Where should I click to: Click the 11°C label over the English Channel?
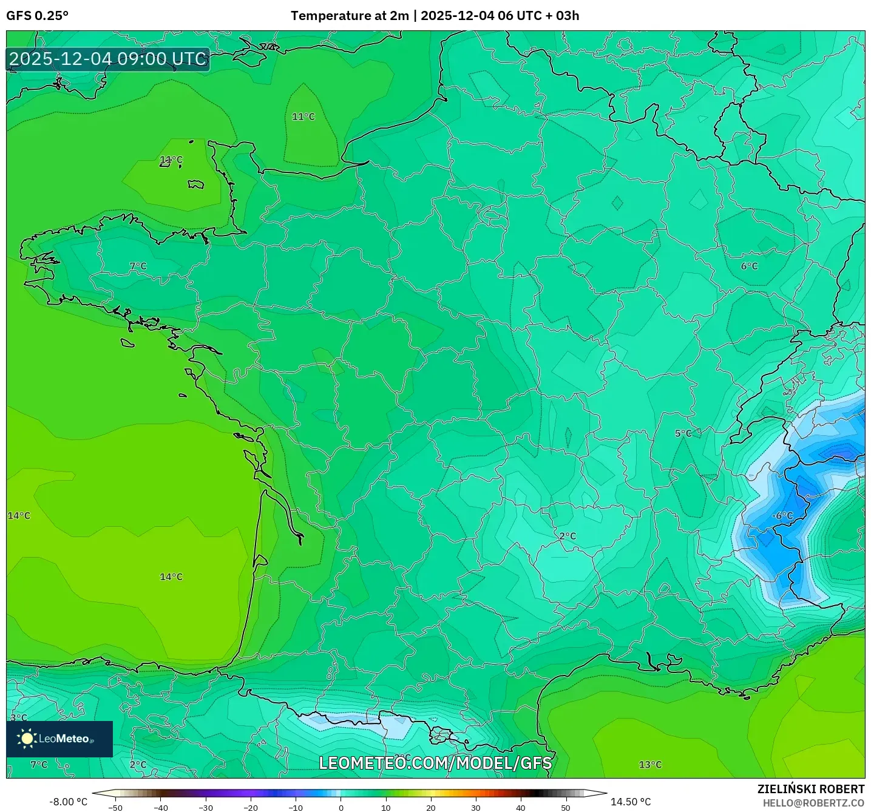(x=303, y=117)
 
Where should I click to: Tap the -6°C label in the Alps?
(x=782, y=516)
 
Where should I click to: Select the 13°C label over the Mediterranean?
(x=650, y=765)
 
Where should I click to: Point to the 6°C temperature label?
(x=749, y=266)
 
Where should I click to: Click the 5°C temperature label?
(x=683, y=433)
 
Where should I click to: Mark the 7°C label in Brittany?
(x=138, y=266)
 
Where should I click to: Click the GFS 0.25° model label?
(x=37, y=16)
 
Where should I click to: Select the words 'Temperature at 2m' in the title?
(x=350, y=16)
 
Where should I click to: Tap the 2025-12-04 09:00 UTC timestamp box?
(x=108, y=59)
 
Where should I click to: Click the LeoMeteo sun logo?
(x=27, y=739)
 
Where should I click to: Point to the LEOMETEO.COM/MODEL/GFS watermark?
(x=435, y=763)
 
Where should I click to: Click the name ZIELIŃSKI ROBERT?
(x=810, y=789)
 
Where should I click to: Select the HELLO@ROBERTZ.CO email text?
(x=813, y=803)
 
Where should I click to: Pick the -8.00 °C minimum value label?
(x=68, y=802)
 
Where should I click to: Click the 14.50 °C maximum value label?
(x=631, y=802)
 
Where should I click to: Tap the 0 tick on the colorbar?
(x=341, y=808)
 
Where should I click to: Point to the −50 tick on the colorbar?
(x=115, y=808)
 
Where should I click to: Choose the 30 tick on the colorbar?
(x=476, y=808)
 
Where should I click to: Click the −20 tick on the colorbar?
(x=250, y=808)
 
